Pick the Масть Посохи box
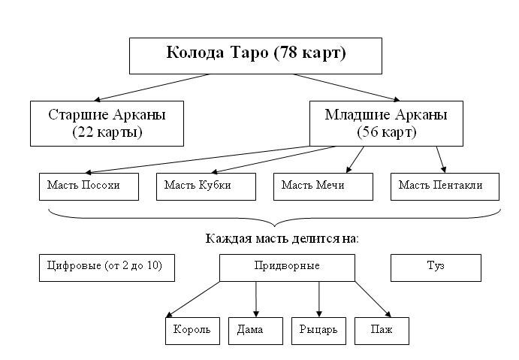(x=89, y=186)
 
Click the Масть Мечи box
(x=322, y=186)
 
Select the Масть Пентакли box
(x=444, y=186)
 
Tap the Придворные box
(x=287, y=267)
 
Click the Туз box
(x=435, y=267)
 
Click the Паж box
(x=382, y=330)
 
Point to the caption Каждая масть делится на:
(x=282, y=238)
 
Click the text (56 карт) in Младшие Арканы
(x=386, y=132)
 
